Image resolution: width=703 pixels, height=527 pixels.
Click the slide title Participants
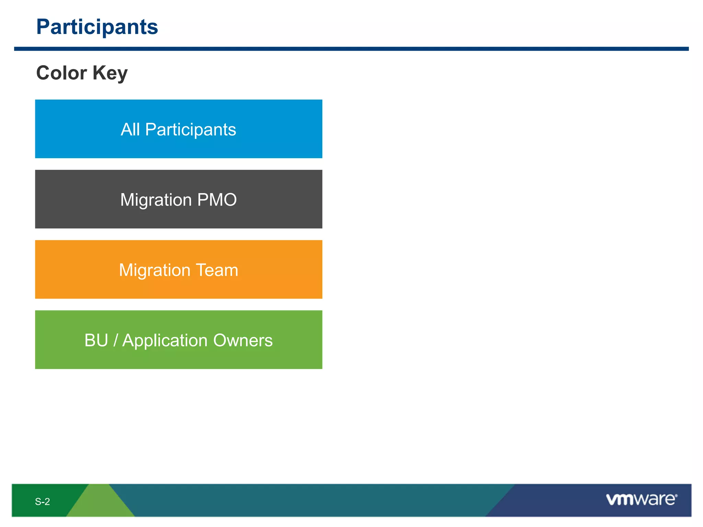[97, 27]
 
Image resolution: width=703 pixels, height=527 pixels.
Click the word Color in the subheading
[61, 73]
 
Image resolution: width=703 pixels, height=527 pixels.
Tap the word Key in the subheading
[110, 73]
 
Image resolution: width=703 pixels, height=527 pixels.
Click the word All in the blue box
[130, 129]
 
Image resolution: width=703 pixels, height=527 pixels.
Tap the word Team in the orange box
[217, 270]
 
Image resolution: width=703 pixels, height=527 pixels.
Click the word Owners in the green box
[243, 340]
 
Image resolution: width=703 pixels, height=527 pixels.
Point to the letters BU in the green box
[96, 340]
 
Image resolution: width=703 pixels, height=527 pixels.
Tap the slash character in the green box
[116, 340]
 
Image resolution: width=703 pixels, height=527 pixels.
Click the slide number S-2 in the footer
[42, 502]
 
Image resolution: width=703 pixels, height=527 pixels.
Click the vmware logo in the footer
[641, 500]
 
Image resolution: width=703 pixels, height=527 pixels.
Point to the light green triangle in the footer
[100, 504]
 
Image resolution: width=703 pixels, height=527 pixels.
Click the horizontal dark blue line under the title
[351, 49]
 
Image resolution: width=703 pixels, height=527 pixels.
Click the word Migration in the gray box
[156, 200]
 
